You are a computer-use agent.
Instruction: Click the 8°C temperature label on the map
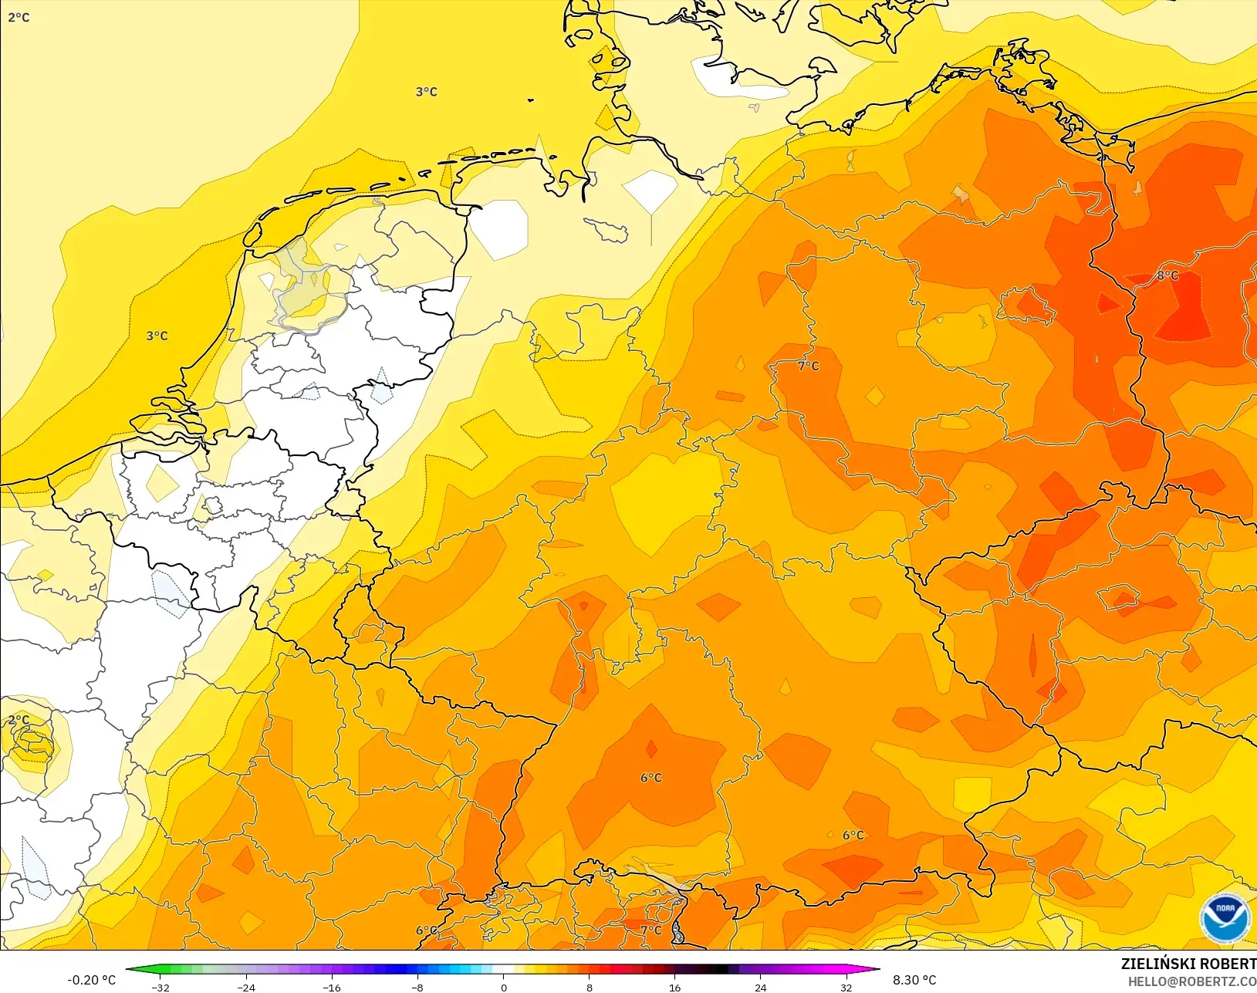pos(1167,275)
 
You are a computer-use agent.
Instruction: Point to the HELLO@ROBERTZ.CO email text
pos(1192,981)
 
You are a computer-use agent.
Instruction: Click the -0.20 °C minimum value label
pos(91,980)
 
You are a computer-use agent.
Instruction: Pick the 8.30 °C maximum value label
pos(914,980)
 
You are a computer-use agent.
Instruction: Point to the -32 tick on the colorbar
pos(161,988)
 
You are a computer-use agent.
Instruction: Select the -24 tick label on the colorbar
pos(246,988)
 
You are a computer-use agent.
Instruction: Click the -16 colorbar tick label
pos(332,988)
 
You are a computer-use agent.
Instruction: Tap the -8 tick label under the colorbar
pos(417,988)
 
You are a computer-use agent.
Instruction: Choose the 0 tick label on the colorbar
pos(504,988)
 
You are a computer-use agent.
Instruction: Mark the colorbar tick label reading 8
pos(590,988)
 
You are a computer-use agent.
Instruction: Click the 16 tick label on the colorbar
pos(675,988)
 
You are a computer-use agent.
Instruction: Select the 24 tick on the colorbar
pos(761,988)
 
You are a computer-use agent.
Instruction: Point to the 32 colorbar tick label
pos(846,988)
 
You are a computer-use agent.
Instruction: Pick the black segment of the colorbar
pos(718,970)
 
